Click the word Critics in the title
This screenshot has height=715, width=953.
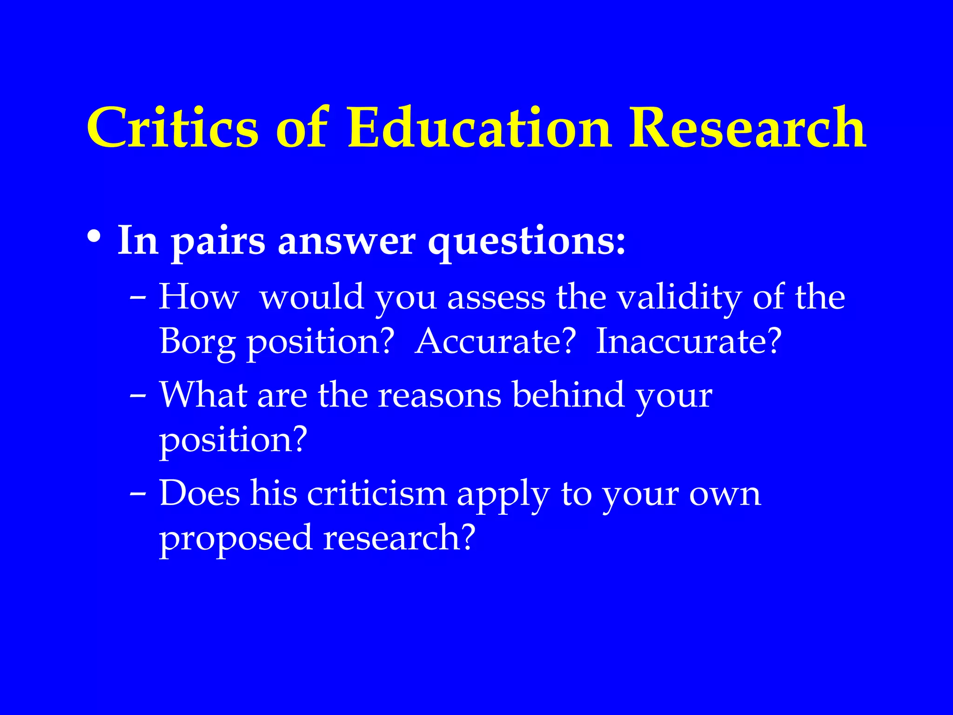tap(172, 128)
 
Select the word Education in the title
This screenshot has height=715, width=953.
tap(479, 128)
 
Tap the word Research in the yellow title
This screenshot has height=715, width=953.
tap(747, 128)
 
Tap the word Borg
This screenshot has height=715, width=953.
tap(197, 343)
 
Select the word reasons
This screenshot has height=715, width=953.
tap(439, 396)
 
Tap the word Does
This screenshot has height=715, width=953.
tap(200, 493)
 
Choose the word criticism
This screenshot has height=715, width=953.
tap(376, 493)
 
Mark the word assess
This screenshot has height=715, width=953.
tap(496, 298)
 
